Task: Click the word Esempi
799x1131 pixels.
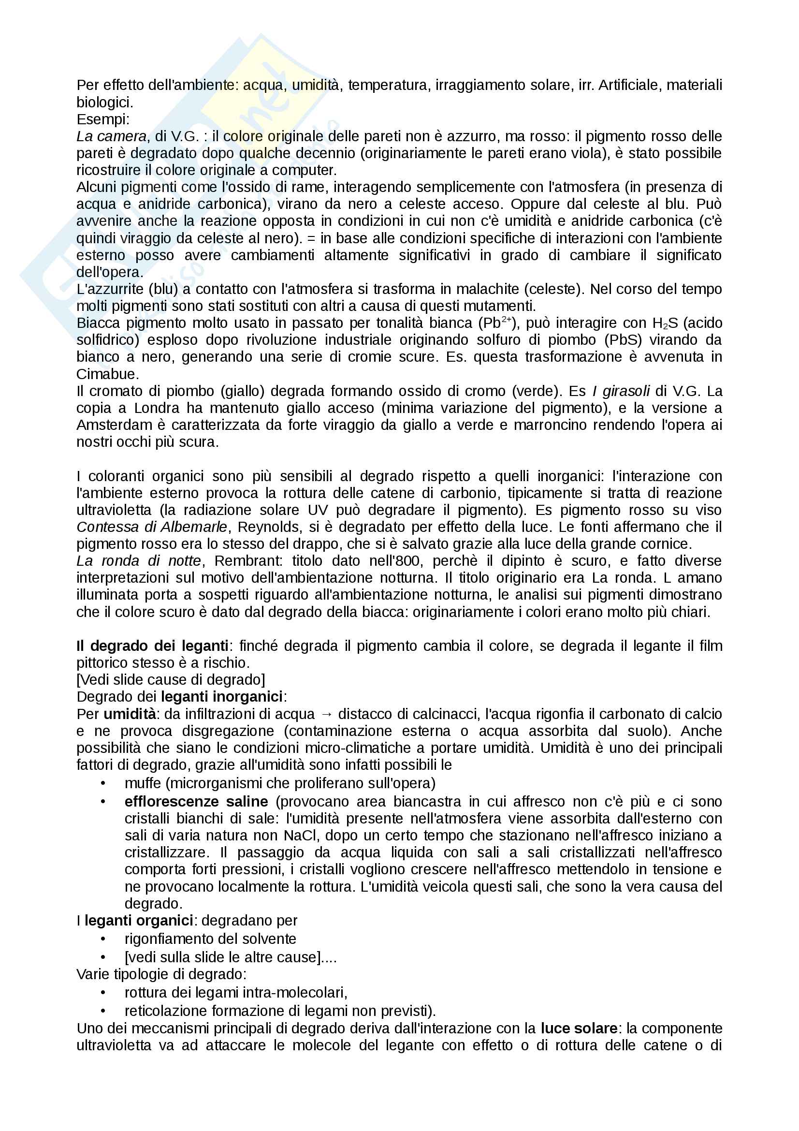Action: (x=102, y=120)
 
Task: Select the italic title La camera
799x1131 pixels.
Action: (x=111, y=136)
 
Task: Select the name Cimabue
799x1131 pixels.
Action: (x=108, y=374)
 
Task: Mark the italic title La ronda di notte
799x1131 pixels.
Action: (x=139, y=561)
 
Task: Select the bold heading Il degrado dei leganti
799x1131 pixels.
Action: (x=153, y=646)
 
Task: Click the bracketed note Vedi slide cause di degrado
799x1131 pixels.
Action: (x=171, y=680)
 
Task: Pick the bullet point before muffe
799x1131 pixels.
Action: (x=103, y=783)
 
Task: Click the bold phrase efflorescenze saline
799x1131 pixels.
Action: (x=196, y=802)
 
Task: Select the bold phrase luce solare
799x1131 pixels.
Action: (x=579, y=1028)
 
